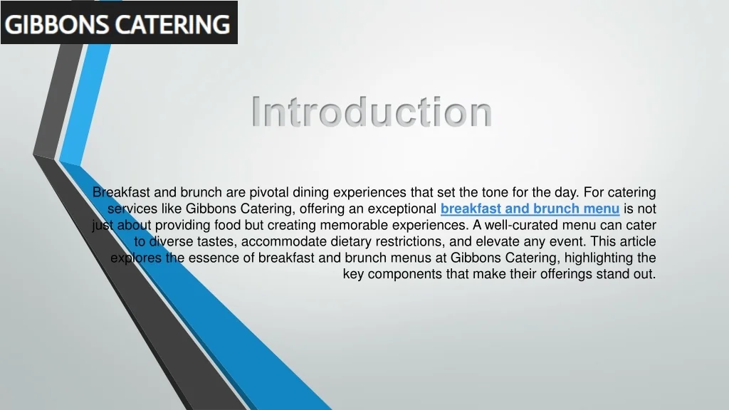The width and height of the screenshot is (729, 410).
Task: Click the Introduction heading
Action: (372, 112)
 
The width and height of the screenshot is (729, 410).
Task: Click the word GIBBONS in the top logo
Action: (58, 26)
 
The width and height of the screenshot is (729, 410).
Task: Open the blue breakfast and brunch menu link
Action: (530, 209)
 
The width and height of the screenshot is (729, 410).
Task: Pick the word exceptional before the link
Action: (402, 209)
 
